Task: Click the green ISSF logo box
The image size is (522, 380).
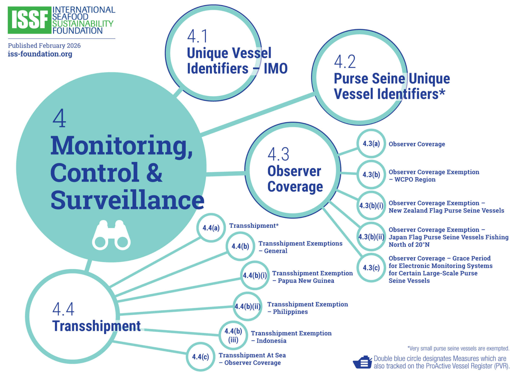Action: click(x=29, y=20)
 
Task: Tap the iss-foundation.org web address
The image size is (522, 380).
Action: click(x=40, y=54)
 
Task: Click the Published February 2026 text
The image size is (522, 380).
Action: click(x=44, y=46)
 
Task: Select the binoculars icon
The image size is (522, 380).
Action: click(x=111, y=235)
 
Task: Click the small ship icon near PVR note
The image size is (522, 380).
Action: click(x=362, y=362)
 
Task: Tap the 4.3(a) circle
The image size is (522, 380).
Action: click(x=371, y=144)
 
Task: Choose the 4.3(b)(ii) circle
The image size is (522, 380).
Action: click(x=371, y=237)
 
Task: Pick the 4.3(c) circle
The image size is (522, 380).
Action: click(x=371, y=268)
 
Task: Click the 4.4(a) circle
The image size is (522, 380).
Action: click(x=211, y=228)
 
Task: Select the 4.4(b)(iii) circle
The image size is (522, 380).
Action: click(x=233, y=335)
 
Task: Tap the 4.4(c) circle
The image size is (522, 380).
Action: click(x=200, y=357)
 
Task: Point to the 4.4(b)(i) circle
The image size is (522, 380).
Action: click(x=255, y=275)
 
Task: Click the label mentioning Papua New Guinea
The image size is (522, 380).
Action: click(x=312, y=277)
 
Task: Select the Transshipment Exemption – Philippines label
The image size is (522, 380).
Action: click(x=307, y=308)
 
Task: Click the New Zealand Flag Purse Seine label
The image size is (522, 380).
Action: click(x=446, y=207)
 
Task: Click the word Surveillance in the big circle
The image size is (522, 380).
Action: click(x=127, y=200)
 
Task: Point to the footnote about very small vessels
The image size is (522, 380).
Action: click(x=458, y=348)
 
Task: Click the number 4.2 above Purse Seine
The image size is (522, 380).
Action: click(x=345, y=62)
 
